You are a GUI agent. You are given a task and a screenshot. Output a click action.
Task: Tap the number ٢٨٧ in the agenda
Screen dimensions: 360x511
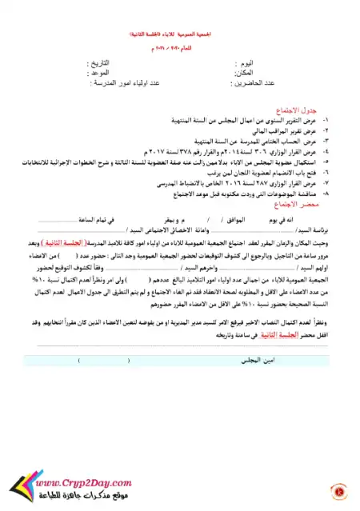click(239, 183)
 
